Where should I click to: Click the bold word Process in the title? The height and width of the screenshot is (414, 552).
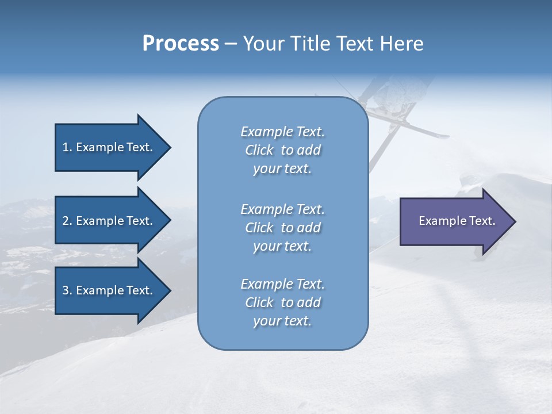pyautogui.click(x=181, y=43)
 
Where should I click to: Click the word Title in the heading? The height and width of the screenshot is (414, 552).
pyautogui.click(x=313, y=43)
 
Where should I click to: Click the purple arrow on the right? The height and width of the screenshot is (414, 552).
pyautogui.click(x=454, y=221)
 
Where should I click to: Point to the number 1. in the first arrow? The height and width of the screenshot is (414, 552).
pyautogui.click(x=67, y=147)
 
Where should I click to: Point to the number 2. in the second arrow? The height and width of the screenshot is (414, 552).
pyautogui.click(x=67, y=221)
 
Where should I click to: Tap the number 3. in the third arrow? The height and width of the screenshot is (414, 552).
pyautogui.click(x=67, y=290)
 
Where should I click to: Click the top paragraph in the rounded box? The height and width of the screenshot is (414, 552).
pyautogui.click(x=282, y=150)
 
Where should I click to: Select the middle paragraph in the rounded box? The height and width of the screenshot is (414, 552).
pyautogui.click(x=282, y=228)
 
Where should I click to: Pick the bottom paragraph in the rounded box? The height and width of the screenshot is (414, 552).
pyautogui.click(x=282, y=302)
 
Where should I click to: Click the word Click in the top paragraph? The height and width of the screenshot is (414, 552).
pyautogui.click(x=259, y=150)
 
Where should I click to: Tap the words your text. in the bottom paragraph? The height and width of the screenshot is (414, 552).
pyautogui.click(x=282, y=321)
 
